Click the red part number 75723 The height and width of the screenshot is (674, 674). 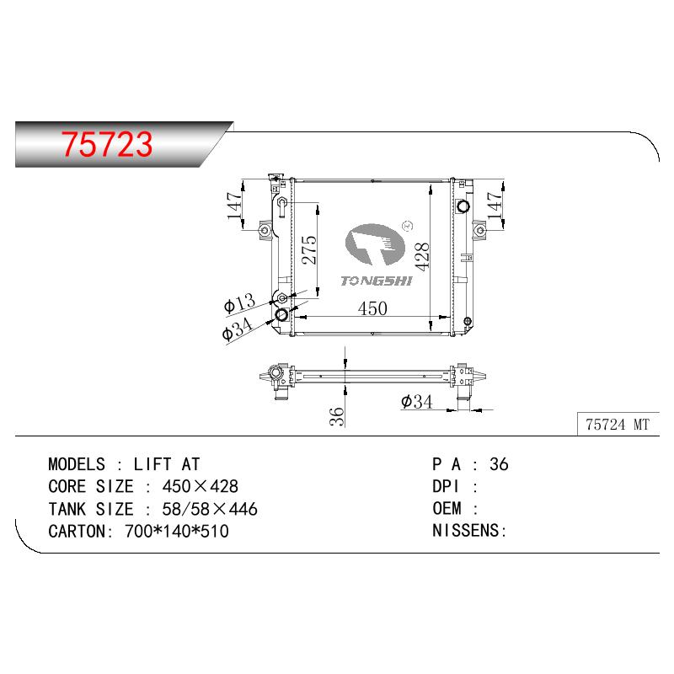click(107, 143)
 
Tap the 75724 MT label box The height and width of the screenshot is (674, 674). click(618, 425)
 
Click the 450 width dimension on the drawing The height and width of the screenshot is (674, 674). click(372, 308)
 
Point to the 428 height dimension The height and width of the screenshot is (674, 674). click(423, 257)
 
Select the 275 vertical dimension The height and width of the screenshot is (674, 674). click(309, 249)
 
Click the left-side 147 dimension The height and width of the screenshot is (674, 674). click(235, 206)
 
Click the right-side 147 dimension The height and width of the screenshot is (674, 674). click(495, 205)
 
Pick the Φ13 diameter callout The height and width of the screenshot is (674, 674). click(240, 303)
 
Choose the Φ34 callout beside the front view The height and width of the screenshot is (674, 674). click(238, 329)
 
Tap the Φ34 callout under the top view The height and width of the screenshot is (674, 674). click(416, 402)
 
